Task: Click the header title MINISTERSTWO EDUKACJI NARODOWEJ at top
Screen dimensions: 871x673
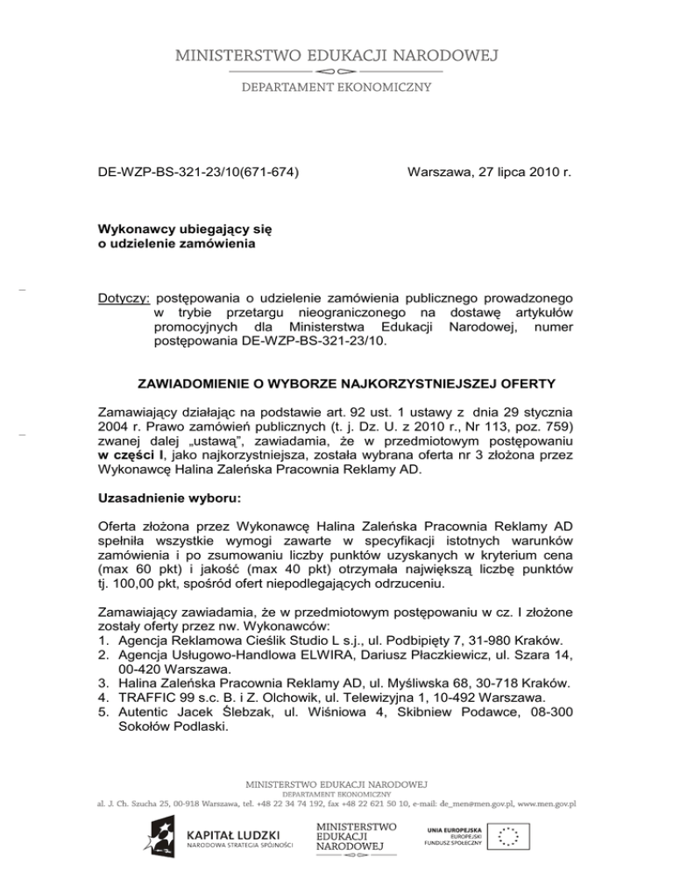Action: click(x=336, y=56)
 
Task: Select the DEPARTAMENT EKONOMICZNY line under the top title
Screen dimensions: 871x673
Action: click(x=336, y=86)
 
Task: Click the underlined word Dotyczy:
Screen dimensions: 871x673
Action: click(x=125, y=301)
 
